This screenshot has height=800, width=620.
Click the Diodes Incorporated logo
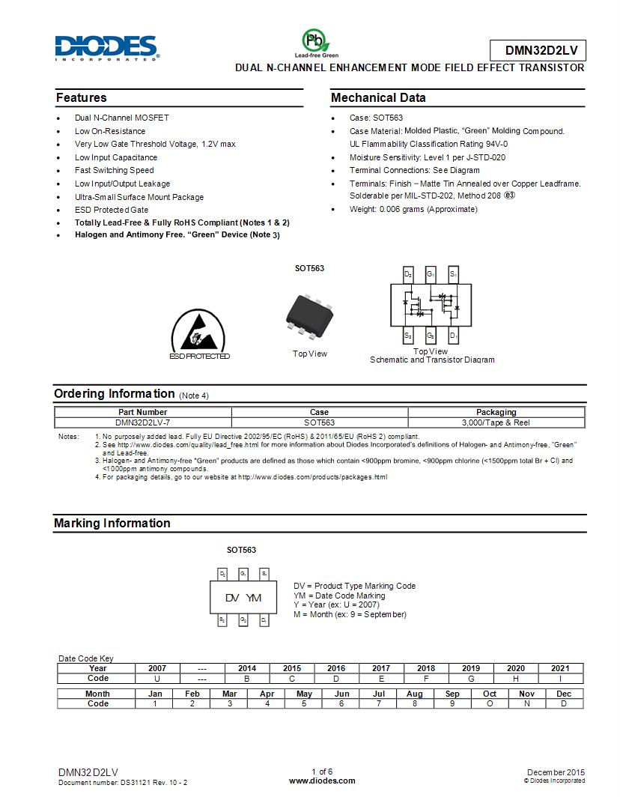(106, 47)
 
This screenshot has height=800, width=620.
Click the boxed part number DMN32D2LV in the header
(538, 50)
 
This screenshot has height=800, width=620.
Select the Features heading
(82, 98)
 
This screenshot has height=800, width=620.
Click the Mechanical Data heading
(378, 98)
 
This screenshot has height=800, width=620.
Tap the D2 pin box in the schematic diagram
(408, 274)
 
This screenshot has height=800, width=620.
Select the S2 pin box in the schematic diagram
(408, 336)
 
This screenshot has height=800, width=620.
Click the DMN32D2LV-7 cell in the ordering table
(142, 422)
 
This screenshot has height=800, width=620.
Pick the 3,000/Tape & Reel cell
(496, 422)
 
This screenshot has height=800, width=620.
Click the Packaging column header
(496, 412)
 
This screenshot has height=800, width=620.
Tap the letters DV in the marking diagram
(232, 598)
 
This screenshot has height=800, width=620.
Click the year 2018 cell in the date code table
(426, 668)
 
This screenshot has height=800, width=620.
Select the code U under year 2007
(157, 678)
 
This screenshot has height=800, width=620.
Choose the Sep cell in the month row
(452, 694)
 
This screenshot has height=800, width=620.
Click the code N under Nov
(526, 703)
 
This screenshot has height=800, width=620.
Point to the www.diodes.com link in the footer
(322, 781)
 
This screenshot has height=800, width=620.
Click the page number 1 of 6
(322, 772)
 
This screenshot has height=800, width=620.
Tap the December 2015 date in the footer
(556, 772)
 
